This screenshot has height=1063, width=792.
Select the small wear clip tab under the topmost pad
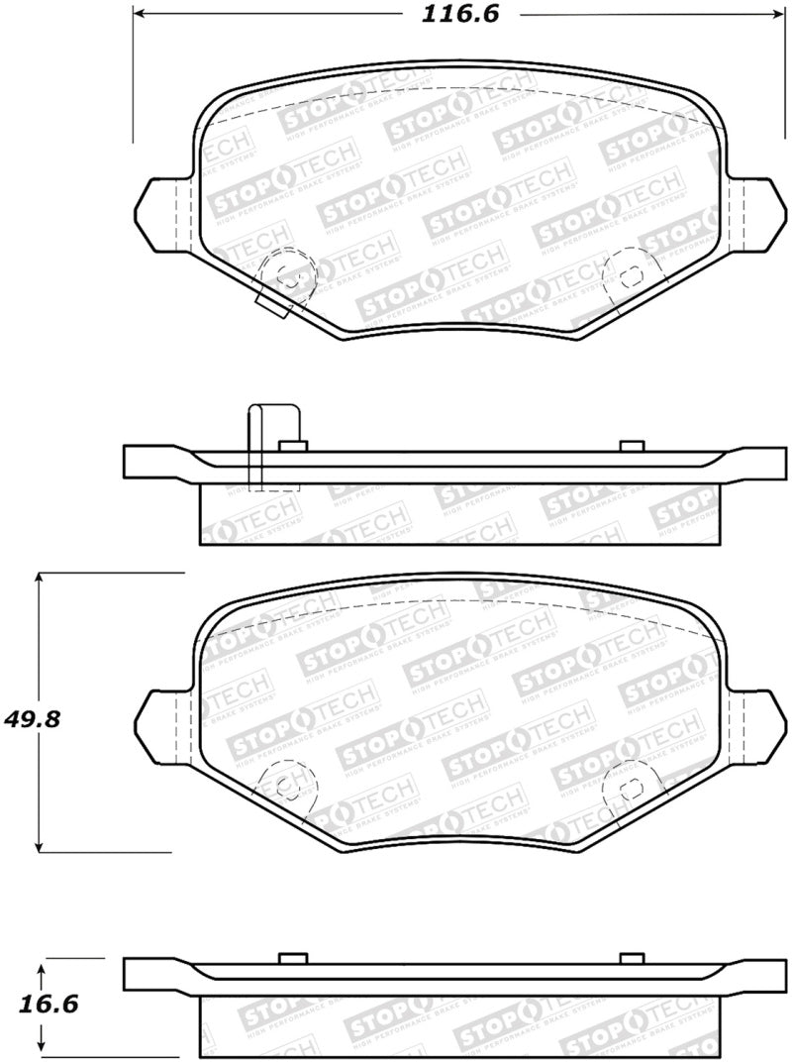click(x=272, y=305)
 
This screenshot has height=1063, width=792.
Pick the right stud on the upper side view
click(x=631, y=445)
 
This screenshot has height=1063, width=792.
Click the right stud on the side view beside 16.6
click(x=631, y=957)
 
